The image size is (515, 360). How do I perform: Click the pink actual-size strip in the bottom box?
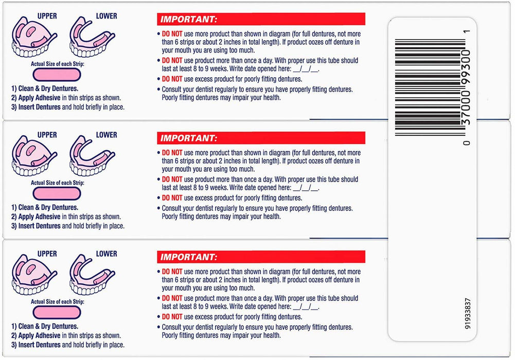[56, 312]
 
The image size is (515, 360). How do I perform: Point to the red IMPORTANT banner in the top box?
[261, 19]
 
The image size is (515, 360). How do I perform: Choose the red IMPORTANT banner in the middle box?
[261, 138]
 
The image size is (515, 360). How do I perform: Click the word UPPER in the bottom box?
[47, 254]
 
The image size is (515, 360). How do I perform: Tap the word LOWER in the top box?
[106, 16]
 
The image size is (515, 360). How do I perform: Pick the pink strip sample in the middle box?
[56, 193]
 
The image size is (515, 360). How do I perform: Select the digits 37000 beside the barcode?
[467, 113]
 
